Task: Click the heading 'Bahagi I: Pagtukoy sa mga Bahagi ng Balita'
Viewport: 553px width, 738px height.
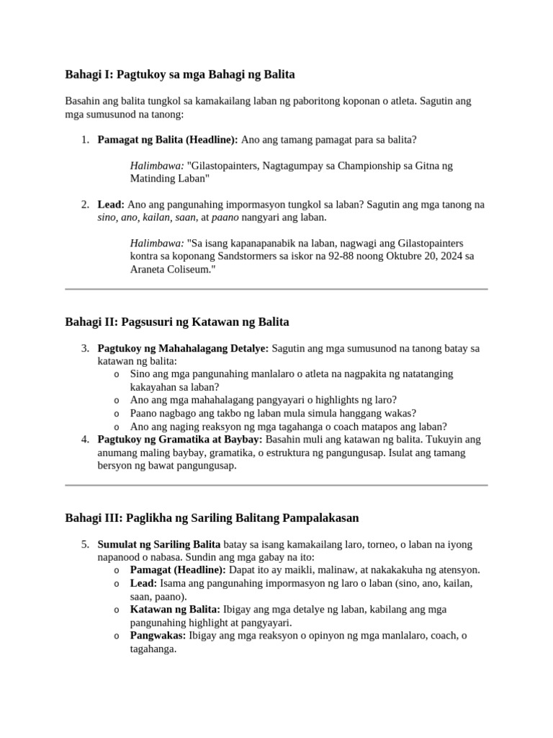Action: [x=180, y=74]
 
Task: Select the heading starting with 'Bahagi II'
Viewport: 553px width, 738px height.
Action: [x=177, y=321]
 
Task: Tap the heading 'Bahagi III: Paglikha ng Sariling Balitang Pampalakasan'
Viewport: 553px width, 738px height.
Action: [x=212, y=518]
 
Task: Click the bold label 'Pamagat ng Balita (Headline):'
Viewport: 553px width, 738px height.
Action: [x=168, y=139]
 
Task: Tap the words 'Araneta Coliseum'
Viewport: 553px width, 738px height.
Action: [x=171, y=269]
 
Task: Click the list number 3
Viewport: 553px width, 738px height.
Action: [x=85, y=348]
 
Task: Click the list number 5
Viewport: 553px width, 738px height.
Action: [x=85, y=544]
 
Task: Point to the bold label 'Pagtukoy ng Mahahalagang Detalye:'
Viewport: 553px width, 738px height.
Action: [x=183, y=348]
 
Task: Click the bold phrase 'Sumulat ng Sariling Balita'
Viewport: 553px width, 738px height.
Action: [x=159, y=544]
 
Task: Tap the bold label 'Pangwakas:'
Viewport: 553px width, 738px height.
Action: [x=158, y=636]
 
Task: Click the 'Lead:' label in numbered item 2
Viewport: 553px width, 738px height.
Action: [x=111, y=205]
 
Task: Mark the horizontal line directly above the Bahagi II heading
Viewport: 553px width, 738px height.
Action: [x=276, y=289]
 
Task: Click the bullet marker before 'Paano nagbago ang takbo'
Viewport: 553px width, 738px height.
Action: [x=117, y=414]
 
